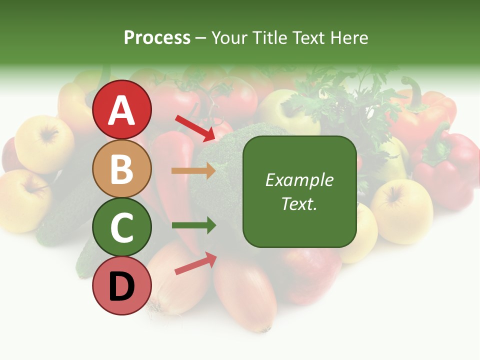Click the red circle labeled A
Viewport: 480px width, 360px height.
122,109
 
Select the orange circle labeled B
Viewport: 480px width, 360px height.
122,168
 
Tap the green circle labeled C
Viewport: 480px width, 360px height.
122,227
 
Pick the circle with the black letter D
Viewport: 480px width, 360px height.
122,286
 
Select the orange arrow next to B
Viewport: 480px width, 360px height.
193,171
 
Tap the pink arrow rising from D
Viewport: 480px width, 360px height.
195,263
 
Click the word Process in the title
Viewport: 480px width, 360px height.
157,38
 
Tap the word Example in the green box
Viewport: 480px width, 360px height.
299,180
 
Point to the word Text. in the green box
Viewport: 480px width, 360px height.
299,203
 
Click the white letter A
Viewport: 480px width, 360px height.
122,110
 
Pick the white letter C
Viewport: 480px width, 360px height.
122,228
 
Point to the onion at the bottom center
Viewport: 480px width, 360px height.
245,295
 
